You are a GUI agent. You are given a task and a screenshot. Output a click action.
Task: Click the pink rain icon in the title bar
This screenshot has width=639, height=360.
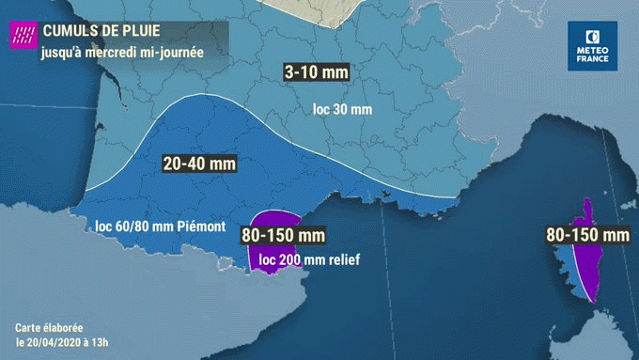[x=22, y=37]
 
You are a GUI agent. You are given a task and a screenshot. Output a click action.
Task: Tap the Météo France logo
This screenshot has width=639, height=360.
[x=592, y=44]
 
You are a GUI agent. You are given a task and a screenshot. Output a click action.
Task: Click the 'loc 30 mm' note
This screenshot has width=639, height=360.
[x=342, y=110]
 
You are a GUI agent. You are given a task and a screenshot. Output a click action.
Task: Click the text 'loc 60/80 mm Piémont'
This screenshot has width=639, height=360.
[x=160, y=227]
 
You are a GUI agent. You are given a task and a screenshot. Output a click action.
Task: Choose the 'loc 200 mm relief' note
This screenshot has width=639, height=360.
[x=309, y=258]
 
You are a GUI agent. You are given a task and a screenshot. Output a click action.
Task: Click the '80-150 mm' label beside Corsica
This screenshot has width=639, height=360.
[x=586, y=233]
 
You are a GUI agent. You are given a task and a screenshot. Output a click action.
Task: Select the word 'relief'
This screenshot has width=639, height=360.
[x=342, y=258]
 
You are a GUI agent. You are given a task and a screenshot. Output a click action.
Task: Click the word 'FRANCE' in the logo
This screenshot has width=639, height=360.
[x=592, y=59]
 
